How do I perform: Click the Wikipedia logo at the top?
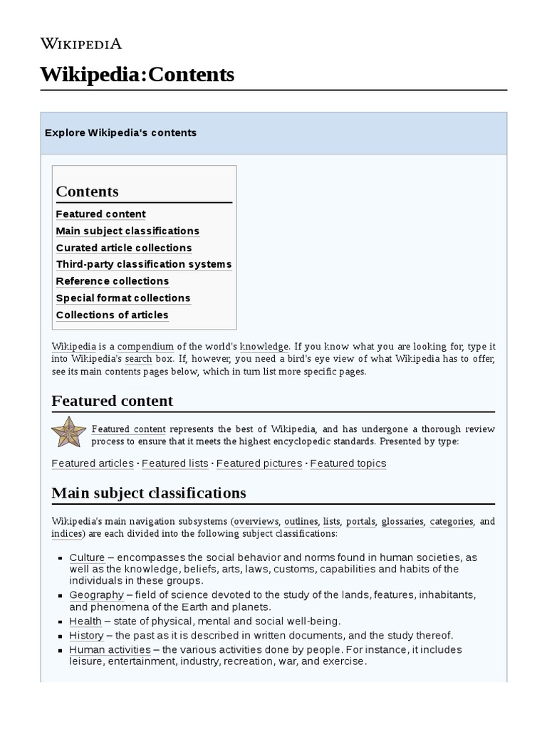tap(80, 44)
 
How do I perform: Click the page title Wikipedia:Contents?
tap(137, 74)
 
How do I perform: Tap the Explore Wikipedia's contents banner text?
tap(120, 133)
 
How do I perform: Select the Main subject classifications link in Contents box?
tap(127, 231)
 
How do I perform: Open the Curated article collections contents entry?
tap(124, 248)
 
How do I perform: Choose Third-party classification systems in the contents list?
tap(144, 265)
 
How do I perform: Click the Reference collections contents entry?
tap(113, 281)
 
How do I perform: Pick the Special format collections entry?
tap(123, 298)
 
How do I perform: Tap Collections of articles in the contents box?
tap(113, 315)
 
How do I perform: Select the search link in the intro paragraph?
tap(138, 359)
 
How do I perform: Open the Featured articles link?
tap(93, 463)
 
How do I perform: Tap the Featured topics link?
tap(348, 463)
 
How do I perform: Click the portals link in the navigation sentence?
tap(361, 521)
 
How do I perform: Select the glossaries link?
tap(402, 521)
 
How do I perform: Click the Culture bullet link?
tap(87, 557)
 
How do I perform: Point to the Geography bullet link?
tap(96, 594)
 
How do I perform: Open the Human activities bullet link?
tap(110, 649)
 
